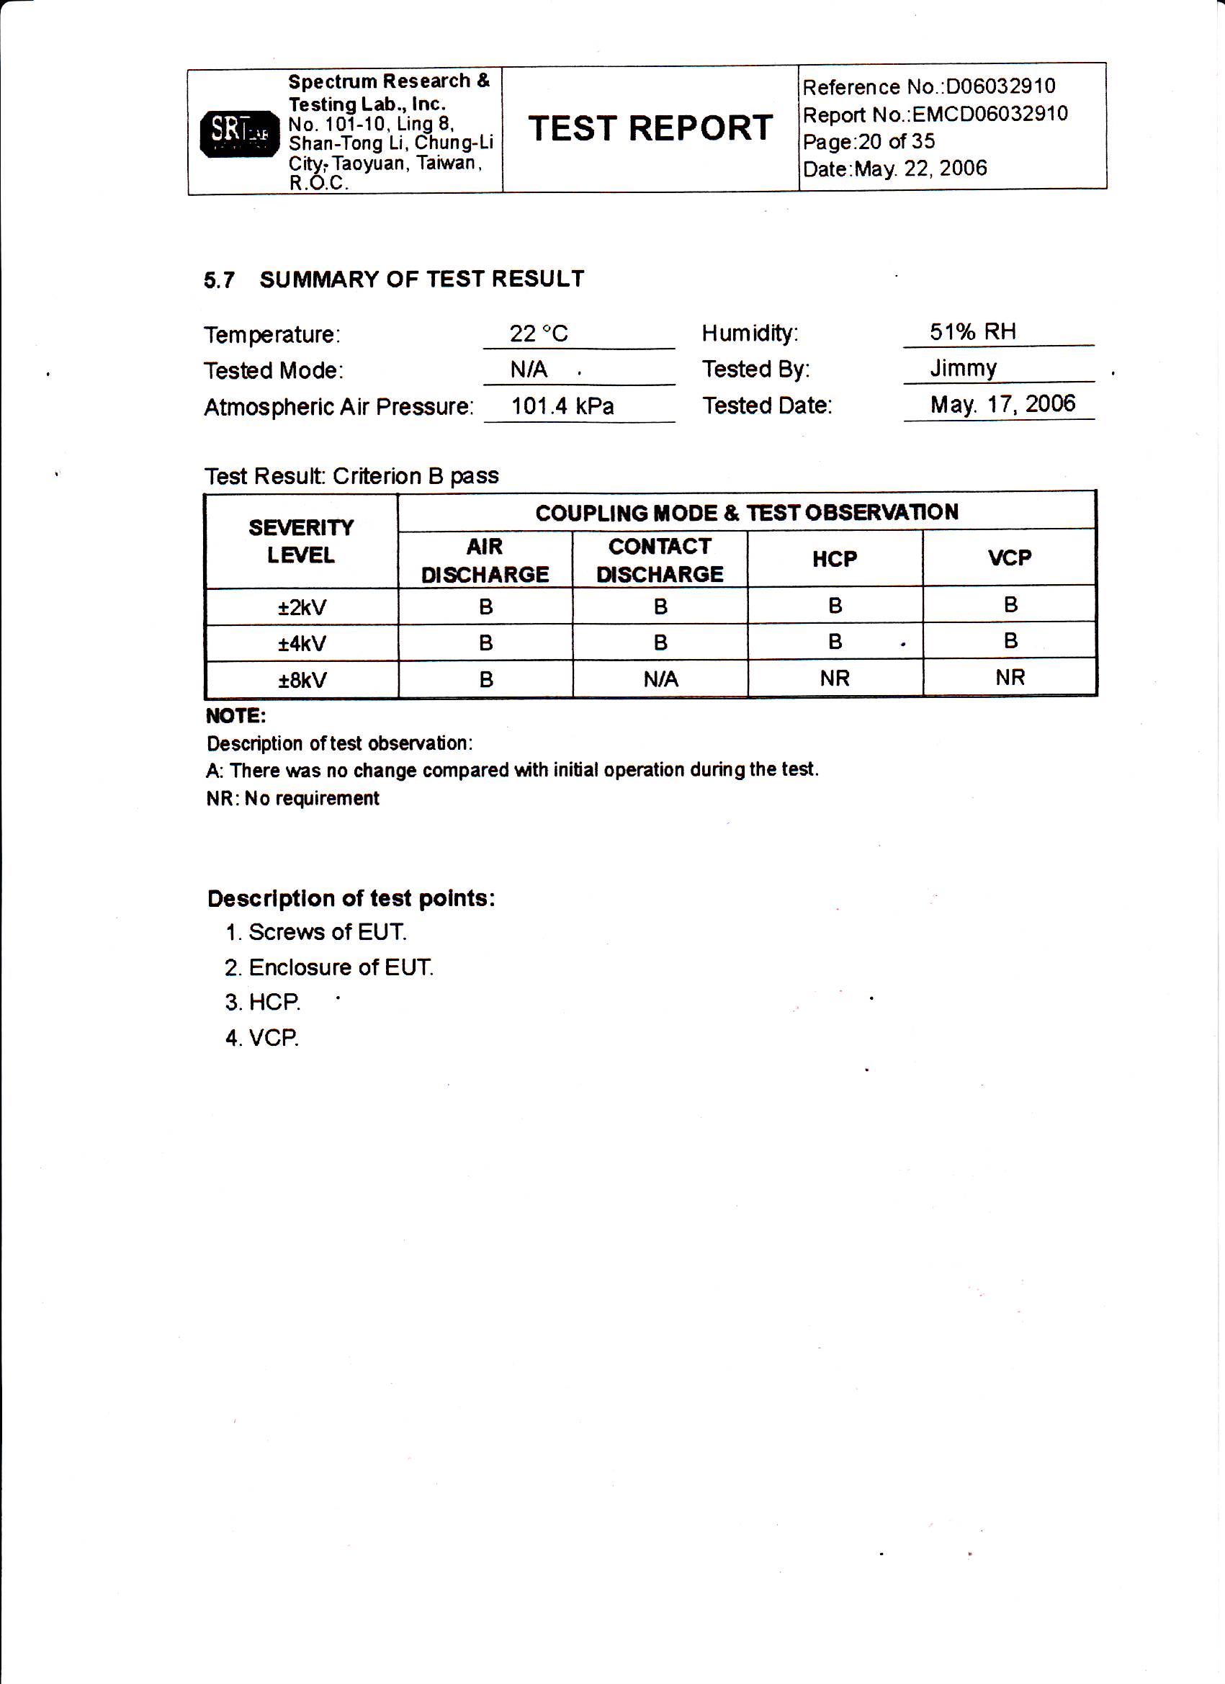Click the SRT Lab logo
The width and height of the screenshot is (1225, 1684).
tap(239, 133)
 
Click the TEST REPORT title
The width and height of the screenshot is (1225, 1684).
tap(650, 128)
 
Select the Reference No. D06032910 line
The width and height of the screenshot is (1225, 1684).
tap(929, 87)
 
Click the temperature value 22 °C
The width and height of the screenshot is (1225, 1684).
tap(538, 333)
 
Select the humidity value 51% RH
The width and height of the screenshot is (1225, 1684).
tap(972, 332)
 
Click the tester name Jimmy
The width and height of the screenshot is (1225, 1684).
tap(963, 368)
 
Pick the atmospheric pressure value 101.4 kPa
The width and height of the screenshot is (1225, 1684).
tap(562, 406)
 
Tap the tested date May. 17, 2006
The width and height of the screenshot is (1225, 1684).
tap(1002, 404)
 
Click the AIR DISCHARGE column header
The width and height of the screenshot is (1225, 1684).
tap(485, 560)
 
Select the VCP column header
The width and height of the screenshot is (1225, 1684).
tap(1010, 557)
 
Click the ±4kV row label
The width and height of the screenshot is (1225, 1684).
tap(302, 643)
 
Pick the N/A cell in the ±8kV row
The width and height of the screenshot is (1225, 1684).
tap(660, 679)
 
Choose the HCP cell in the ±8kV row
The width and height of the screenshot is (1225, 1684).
tap(835, 678)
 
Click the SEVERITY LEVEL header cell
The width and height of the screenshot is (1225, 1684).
tap(301, 542)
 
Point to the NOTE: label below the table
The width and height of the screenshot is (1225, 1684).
tap(236, 716)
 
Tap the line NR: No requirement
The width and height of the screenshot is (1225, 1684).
tap(292, 798)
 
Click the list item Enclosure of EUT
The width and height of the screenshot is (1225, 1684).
tap(329, 967)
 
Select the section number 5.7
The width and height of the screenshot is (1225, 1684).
tap(219, 280)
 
